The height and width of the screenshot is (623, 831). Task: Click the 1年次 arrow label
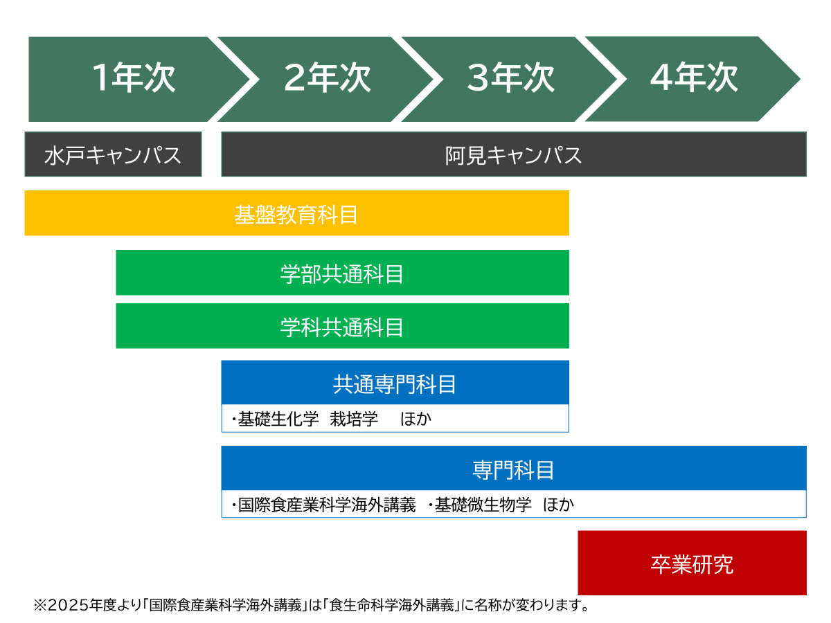coord(134,78)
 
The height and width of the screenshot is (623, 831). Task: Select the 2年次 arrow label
coord(327,78)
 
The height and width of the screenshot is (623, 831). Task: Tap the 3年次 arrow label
coord(510,78)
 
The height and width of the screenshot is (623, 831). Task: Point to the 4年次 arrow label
coord(694,78)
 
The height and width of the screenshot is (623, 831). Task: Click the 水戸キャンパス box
coord(113,154)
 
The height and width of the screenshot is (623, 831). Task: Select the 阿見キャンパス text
coord(513,155)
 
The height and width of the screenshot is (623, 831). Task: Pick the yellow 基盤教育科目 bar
coord(296,213)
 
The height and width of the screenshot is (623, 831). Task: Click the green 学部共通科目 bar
coord(342,272)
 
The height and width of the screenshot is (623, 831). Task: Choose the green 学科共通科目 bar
coord(342,325)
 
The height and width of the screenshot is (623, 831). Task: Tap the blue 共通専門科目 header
coord(395,382)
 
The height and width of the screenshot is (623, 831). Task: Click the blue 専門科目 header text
coord(513,470)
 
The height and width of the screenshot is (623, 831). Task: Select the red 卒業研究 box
coord(692,563)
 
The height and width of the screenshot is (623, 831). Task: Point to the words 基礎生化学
coord(278,419)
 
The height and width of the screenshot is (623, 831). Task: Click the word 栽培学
coord(354,419)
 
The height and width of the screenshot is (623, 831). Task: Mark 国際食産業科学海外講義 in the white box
coord(327,505)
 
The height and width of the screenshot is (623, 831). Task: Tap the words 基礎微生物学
coord(483,505)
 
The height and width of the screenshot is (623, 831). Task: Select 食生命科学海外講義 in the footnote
coord(391,605)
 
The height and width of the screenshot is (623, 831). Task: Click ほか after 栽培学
coord(415,419)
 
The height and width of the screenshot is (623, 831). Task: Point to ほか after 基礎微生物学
coord(558,505)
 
